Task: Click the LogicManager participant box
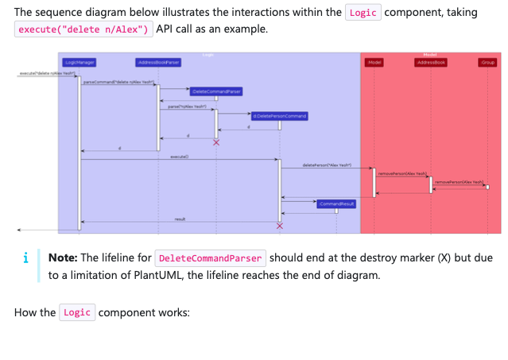point(79,61)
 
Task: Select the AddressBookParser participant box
point(158,61)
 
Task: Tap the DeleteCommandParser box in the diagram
point(215,91)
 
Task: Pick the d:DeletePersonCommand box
point(278,116)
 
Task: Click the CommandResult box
point(335,204)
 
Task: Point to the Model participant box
point(374,61)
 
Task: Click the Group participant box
point(487,61)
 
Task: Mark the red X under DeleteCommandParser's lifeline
point(215,142)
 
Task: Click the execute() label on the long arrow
point(179,157)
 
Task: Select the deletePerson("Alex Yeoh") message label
point(326,165)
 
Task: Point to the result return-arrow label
point(180,219)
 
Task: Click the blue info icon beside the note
point(26,258)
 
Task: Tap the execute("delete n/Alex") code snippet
point(83,30)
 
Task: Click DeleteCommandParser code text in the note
point(211,258)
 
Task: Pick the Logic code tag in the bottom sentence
point(77,312)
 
